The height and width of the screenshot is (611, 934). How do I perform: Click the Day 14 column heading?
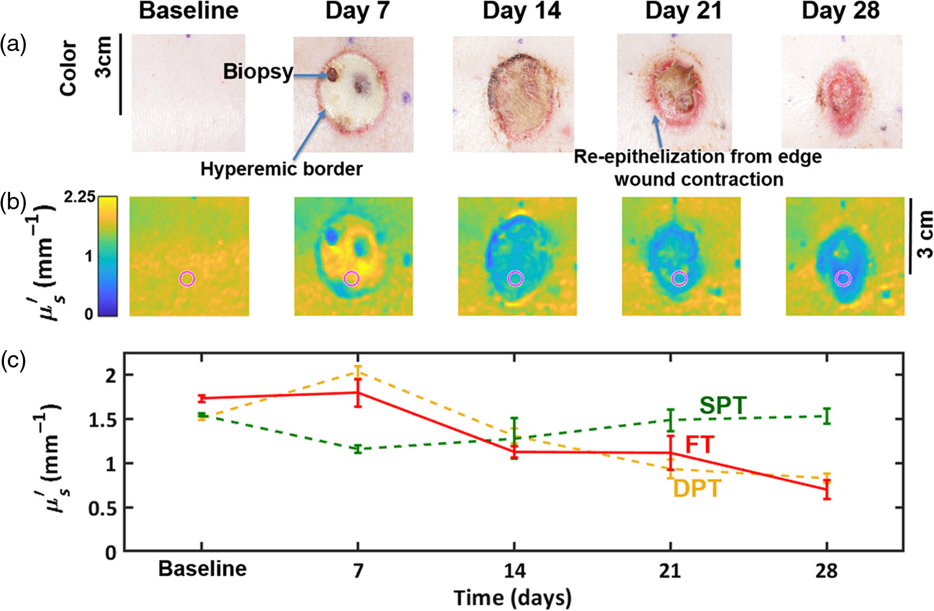[521, 11]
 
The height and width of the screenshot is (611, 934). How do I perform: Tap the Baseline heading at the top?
[189, 11]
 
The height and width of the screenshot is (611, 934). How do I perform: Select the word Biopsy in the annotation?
[258, 72]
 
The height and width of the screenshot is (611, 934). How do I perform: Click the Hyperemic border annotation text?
[281, 169]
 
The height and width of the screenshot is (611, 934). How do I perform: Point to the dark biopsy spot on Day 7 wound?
[332, 75]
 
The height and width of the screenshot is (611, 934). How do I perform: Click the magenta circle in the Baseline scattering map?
[187, 278]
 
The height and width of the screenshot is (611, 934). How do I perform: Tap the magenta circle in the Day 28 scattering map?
[844, 278]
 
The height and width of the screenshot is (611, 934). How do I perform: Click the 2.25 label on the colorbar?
[80, 197]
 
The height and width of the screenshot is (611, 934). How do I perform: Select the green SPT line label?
[724, 405]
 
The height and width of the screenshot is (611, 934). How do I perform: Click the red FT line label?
[700, 445]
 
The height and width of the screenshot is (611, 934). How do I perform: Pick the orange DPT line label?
[697, 488]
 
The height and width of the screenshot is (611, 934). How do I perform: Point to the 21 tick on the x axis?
[670, 571]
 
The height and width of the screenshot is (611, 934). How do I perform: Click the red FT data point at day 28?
[827, 489]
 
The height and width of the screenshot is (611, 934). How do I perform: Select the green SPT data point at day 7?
[358, 449]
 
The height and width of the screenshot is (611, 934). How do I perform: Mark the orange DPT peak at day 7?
[358, 372]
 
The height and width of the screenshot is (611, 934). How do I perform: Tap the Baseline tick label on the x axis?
[202, 569]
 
